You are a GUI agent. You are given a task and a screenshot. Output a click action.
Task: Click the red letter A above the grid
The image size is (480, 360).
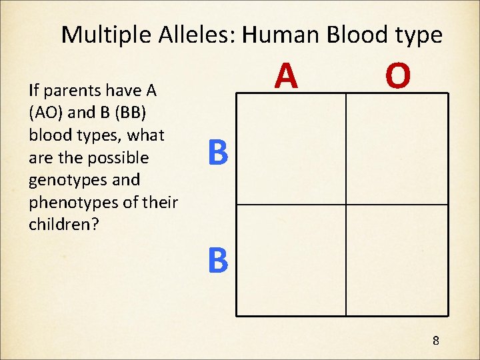point(287,76)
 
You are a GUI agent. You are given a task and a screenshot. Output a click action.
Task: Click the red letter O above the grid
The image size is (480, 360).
point(397,76)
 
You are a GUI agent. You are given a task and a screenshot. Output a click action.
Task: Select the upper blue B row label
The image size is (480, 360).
point(218,153)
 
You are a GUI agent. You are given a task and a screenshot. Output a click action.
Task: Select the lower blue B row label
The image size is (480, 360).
point(218,261)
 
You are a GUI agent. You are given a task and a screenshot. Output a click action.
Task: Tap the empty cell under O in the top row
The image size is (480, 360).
point(397,149)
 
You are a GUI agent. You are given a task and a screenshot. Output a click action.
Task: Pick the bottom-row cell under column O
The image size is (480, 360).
point(397,259)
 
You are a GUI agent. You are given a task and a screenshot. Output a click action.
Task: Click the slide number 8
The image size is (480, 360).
point(435,341)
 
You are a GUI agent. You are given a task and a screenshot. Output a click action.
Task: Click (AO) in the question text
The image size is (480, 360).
point(47,113)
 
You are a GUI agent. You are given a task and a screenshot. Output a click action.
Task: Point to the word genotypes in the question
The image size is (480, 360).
point(65,180)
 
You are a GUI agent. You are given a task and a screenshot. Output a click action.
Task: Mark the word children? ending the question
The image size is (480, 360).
point(63,224)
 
